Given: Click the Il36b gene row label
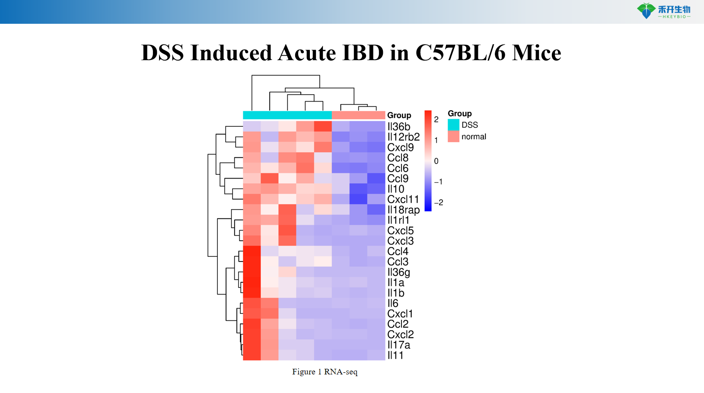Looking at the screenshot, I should click(x=398, y=127).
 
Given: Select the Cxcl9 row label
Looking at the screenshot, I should click(x=400, y=147).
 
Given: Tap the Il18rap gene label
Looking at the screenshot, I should click(x=403, y=210).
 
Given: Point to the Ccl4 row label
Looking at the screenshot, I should click(x=398, y=251).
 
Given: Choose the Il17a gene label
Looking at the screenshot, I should click(x=398, y=345).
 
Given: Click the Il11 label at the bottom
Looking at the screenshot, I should click(x=395, y=355).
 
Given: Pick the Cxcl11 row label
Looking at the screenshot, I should click(x=403, y=199).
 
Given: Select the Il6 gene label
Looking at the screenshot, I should click(x=392, y=304).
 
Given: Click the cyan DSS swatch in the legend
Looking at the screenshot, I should click(x=453, y=125).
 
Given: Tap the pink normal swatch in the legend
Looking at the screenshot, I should click(x=453, y=137).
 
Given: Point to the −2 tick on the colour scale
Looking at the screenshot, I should click(x=438, y=203).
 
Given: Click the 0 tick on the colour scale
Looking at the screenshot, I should click(x=436, y=161).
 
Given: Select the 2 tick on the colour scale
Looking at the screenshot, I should click(x=436, y=120).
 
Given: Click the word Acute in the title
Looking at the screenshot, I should click(x=306, y=53).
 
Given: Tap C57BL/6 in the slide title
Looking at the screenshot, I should click(x=460, y=53).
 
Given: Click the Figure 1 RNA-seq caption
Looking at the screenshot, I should click(x=325, y=372).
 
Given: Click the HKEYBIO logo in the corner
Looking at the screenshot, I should click(x=663, y=11).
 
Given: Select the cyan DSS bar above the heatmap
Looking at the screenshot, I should click(x=287, y=115).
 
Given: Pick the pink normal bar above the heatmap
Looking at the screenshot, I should click(x=358, y=115).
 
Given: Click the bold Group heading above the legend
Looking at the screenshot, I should click(x=459, y=114).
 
